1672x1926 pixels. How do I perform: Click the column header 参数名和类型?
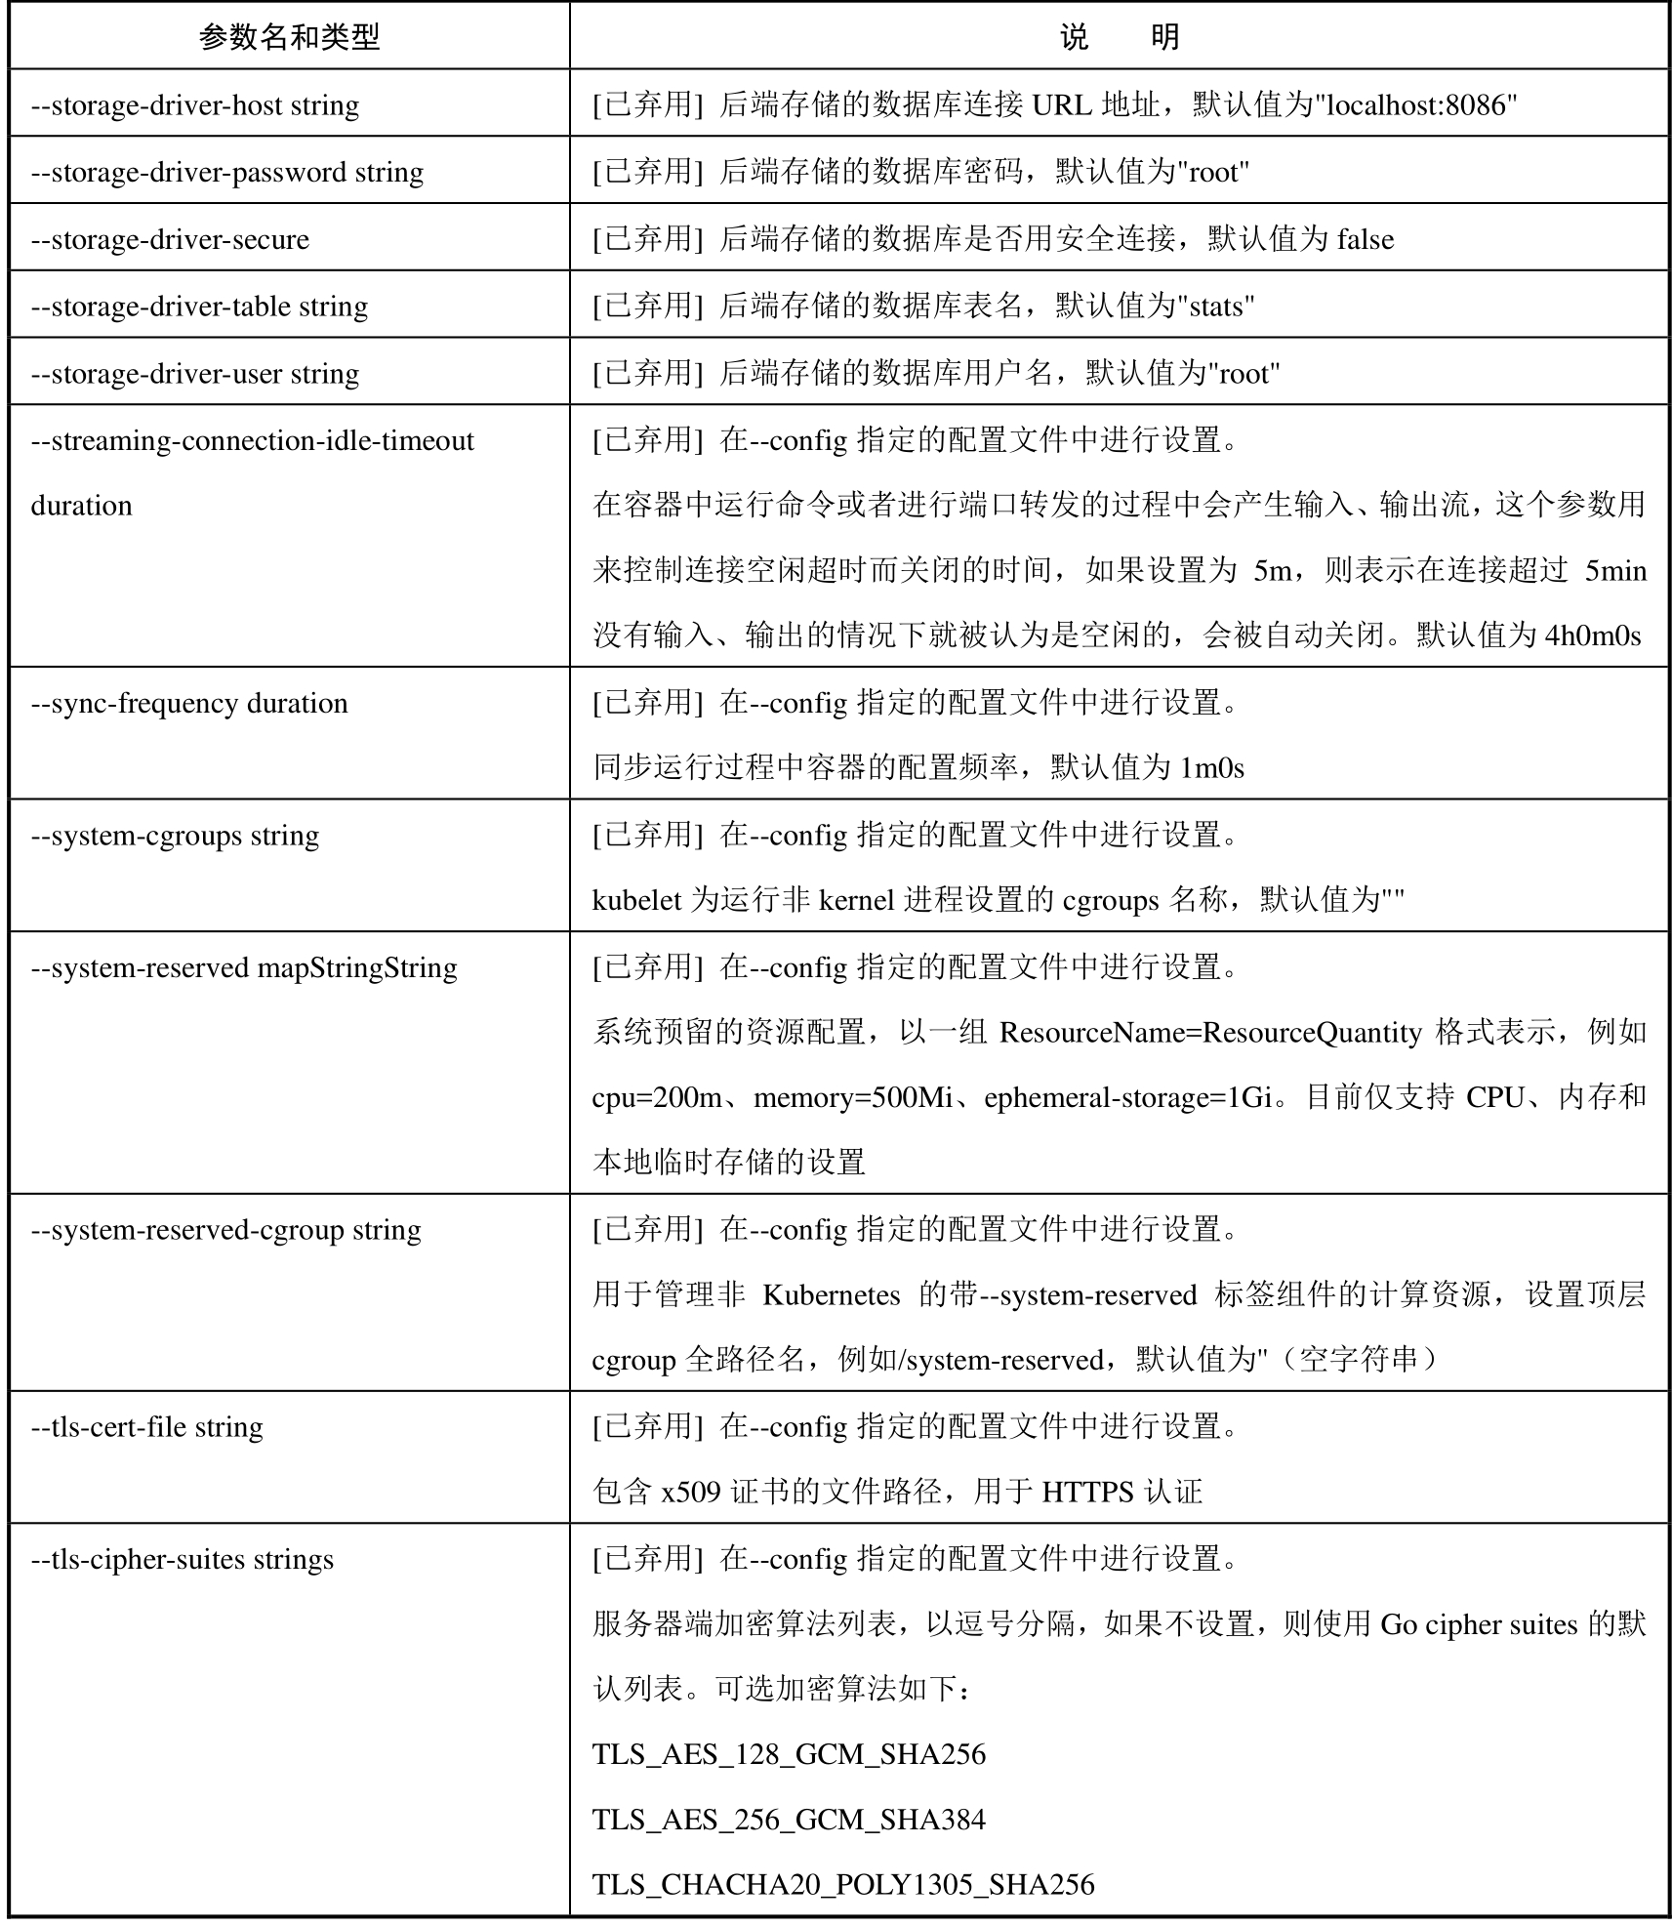pos(289,37)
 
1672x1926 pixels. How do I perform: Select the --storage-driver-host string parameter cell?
pos(195,104)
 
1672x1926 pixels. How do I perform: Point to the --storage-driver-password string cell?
pos(227,172)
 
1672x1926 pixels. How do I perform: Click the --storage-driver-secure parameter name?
pos(170,239)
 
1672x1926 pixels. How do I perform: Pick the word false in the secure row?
pos(1365,239)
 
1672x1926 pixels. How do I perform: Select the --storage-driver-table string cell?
pos(199,307)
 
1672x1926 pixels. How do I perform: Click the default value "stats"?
pos(1216,307)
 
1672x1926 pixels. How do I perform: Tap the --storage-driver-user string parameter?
pos(195,374)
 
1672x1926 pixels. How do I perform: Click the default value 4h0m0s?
pos(1592,635)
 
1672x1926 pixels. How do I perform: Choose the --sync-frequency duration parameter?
pos(189,703)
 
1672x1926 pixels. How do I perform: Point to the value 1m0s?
pos(1211,768)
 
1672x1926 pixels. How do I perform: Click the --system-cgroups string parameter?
pos(175,836)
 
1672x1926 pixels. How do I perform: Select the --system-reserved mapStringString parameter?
pos(244,967)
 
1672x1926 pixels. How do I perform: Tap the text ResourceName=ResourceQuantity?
pos(1210,1032)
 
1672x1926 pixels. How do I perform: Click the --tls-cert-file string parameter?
pos(147,1427)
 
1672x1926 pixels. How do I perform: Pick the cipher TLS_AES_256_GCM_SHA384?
pos(789,1820)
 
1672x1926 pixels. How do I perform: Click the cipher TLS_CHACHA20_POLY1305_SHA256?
pos(843,1884)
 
